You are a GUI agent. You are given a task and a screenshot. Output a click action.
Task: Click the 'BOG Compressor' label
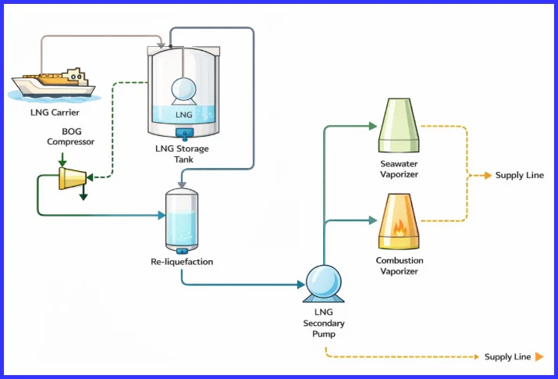tap(71, 137)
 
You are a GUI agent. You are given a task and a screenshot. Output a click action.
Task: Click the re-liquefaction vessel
tap(182, 220)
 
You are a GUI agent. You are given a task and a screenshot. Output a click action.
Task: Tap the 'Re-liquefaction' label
tap(182, 262)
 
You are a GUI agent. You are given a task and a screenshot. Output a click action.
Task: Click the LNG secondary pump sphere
tap(323, 283)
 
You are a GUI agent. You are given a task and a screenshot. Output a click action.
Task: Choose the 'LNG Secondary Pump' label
tap(323, 324)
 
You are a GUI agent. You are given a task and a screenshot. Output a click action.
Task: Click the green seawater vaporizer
tap(400, 125)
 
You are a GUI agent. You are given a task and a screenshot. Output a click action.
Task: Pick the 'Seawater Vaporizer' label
tap(400, 170)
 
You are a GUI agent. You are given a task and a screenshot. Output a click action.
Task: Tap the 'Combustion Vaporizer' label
tap(400, 266)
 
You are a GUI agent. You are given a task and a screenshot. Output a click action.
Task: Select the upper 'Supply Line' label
tap(520, 176)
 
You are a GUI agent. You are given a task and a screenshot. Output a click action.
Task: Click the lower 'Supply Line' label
tap(507, 357)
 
